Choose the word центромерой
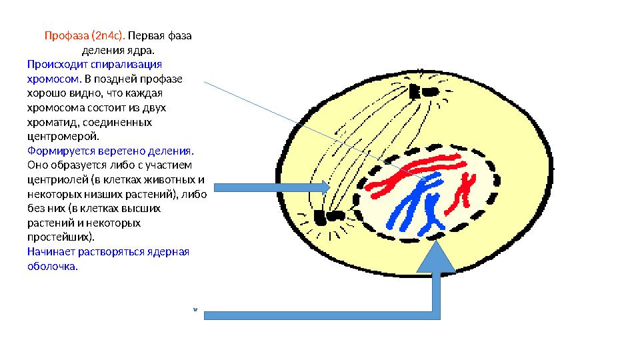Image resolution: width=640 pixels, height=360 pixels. [58, 137]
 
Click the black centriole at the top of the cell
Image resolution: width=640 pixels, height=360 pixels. [423, 91]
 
